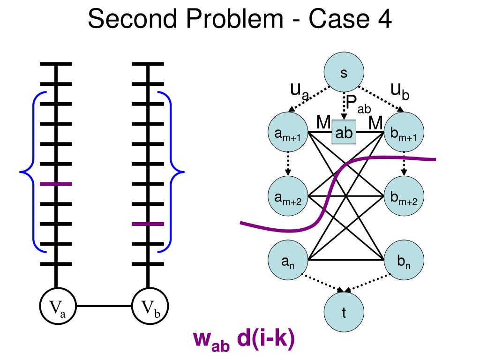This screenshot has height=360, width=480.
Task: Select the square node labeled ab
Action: (x=344, y=133)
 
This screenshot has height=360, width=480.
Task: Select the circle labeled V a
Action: (x=57, y=307)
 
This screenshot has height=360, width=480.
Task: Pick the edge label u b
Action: (x=399, y=91)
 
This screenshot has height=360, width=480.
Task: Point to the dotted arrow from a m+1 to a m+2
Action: (x=287, y=165)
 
